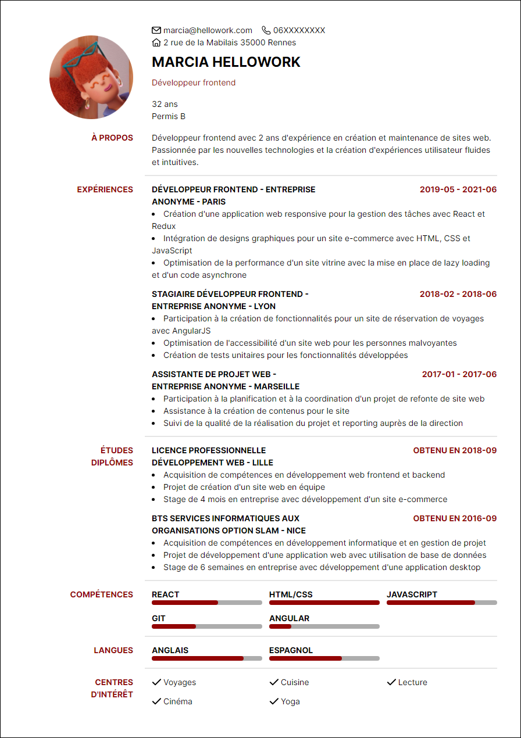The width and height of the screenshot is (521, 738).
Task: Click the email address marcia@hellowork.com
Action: coord(208,30)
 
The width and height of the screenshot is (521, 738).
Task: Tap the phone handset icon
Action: coord(266,30)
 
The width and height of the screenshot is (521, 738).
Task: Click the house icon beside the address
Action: coord(156,42)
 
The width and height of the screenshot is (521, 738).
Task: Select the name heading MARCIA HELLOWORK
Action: coord(226,62)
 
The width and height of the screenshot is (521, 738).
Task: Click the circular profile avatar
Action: coord(91,77)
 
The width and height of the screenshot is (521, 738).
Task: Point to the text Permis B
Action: coord(169,116)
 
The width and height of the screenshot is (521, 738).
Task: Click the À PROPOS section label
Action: coord(112,138)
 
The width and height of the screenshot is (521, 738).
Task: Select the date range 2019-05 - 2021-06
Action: coord(458,189)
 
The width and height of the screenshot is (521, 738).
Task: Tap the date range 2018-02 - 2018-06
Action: coord(458,294)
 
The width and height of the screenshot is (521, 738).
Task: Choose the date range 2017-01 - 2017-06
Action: coord(459,374)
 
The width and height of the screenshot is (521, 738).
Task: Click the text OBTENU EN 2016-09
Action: coord(455,518)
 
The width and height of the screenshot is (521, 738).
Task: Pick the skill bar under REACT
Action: coord(207,603)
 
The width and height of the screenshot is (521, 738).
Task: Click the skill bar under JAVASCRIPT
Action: coord(441,603)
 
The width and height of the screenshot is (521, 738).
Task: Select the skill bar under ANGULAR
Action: coord(324,626)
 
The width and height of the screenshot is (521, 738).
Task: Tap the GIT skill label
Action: coord(159,618)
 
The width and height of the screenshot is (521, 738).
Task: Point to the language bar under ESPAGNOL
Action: coord(324,658)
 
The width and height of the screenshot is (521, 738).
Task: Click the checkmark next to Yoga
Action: coord(274,701)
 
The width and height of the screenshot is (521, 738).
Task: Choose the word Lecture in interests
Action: coord(413,682)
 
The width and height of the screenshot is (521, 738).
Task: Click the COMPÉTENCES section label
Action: coord(102,594)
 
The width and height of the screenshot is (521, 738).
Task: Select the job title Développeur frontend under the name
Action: coord(194,83)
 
